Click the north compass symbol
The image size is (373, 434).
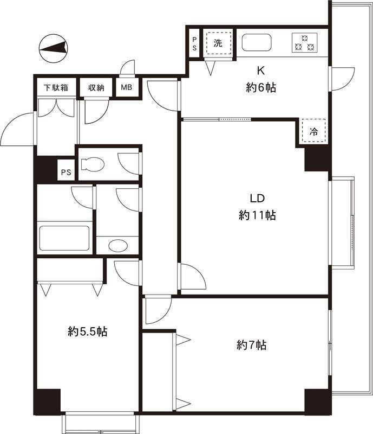click(54, 48)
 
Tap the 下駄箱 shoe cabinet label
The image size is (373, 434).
click(56, 88)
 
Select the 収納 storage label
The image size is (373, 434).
click(96, 88)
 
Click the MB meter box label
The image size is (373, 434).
click(127, 87)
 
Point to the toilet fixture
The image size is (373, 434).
click(92, 164)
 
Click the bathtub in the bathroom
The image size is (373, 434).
click(64, 238)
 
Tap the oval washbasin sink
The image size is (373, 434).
click(118, 246)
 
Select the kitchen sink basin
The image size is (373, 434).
click(257, 43)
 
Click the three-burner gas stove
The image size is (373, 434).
click(304, 43)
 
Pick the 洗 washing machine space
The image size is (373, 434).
click(218, 43)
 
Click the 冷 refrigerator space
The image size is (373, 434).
click(313, 130)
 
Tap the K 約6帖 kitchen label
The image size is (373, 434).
click(261, 79)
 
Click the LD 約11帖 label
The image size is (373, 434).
click(257, 207)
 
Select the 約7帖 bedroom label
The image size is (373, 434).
click(251, 345)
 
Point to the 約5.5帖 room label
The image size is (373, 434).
click(88, 331)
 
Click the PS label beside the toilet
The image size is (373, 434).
click(66, 173)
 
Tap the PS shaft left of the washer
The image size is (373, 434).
click(194, 44)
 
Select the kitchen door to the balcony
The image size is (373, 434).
click(343, 79)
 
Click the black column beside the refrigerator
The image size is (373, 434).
click(318, 159)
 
